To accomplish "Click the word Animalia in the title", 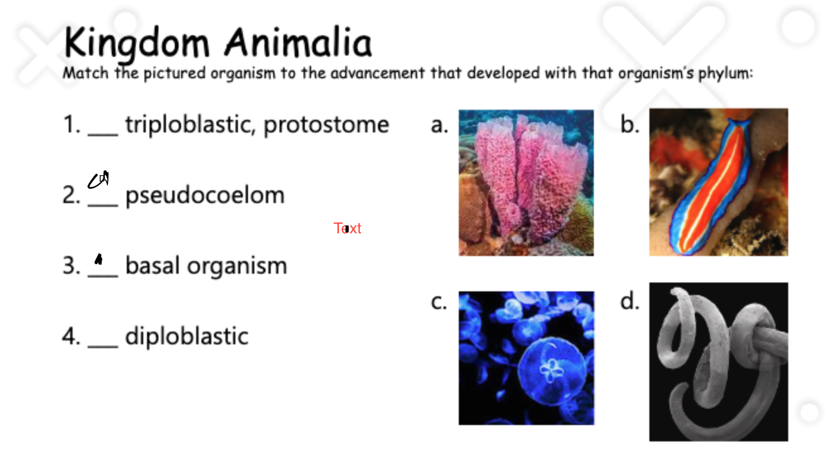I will point(298,43).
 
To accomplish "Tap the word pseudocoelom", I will point(205,195).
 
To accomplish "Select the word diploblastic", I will point(187,335).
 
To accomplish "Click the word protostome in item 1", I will point(326,124).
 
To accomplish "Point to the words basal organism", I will point(206,265).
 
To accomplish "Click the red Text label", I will point(348,228).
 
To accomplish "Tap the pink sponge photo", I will point(526,183).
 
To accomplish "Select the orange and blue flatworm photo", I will point(718,182).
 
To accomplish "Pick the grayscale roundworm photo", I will point(718,361).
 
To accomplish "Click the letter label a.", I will point(439,125).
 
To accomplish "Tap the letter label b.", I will point(630,125).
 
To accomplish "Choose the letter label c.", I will point(439,303).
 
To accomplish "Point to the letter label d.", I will point(630,302).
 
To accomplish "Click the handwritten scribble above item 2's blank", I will point(98,180).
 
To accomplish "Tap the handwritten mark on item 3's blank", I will point(98,259).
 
